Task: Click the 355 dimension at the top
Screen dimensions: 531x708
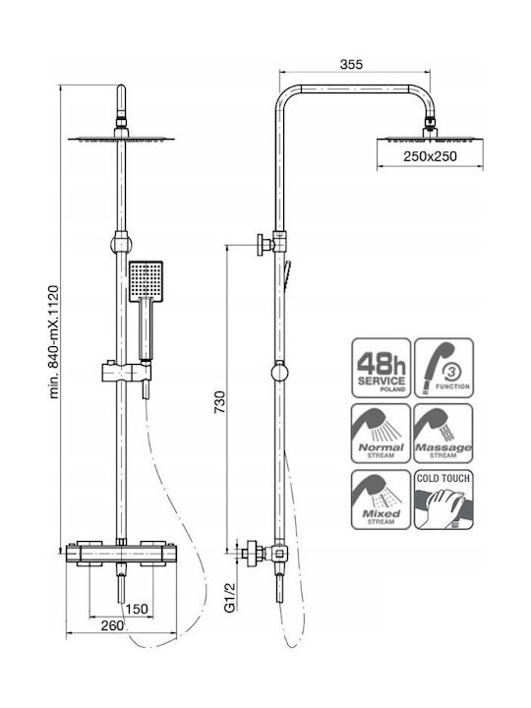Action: pyautogui.click(x=351, y=65)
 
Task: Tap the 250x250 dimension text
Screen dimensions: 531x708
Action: pyautogui.click(x=430, y=156)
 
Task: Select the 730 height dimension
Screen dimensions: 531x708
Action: pyautogui.click(x=219, y=402)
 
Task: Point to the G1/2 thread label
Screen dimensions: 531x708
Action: pyautogui.click(x=230, y=597)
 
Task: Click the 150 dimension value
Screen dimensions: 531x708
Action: pyautogui.click(x=137, y=609)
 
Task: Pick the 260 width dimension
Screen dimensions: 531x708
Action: pyautogui.click(x=112, y=625)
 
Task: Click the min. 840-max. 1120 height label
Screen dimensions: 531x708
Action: pyautogui.click(x=54, y=342)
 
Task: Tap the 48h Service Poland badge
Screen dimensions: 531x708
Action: pyautogui.click(x=382, y=368)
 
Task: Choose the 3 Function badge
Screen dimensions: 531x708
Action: pyautogui.click(x=443, y=368)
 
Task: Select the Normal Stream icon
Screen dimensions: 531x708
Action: pyautogui.click(x=382, y=434)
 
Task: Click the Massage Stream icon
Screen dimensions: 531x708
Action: pyautogui.click(x=443, y=434)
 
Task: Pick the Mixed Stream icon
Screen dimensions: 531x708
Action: pyautogui.click(x=382, y=500)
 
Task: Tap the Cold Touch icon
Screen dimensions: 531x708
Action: pyautogui.click(x=443, y=500)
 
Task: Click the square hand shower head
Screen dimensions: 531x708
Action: pyautogui.click(x=146, y=281)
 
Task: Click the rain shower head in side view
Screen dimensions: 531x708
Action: pyautogui.click(x=430, y=140)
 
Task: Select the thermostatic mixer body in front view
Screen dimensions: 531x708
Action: pyautogui.click(x=121, y=553)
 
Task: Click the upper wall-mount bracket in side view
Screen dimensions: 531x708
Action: pyautogui.click(x=271, y=244)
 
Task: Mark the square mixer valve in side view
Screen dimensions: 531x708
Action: pyautogui.click(x=279, y=553)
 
